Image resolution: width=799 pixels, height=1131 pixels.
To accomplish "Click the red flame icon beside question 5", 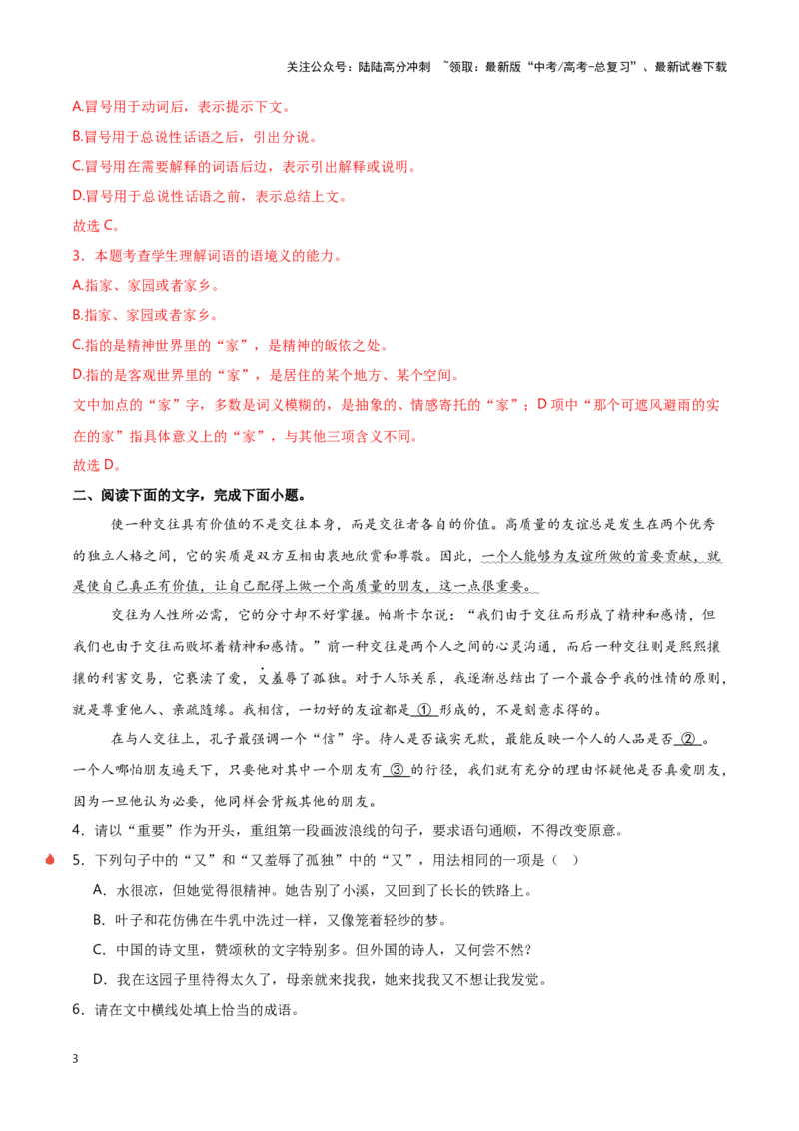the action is [50, 859].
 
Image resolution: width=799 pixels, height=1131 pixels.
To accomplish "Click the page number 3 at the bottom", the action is [75, 1059].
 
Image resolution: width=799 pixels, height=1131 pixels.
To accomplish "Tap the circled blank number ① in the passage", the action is [424, 709].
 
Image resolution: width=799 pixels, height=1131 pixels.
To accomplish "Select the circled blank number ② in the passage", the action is [689, 739].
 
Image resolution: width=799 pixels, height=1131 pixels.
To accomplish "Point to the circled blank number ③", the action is [397, 769].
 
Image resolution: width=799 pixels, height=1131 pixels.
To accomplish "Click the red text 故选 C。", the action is [96, 226].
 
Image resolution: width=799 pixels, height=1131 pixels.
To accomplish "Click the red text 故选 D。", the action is [97, 465].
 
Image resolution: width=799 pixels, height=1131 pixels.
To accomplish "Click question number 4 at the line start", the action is [78, 830].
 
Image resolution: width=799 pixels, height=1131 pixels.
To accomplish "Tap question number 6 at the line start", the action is [78, 1009].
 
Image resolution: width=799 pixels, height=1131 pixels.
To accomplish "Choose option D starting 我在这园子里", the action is [322, 979].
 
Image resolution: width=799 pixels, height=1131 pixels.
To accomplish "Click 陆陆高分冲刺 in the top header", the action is [395, 67].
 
